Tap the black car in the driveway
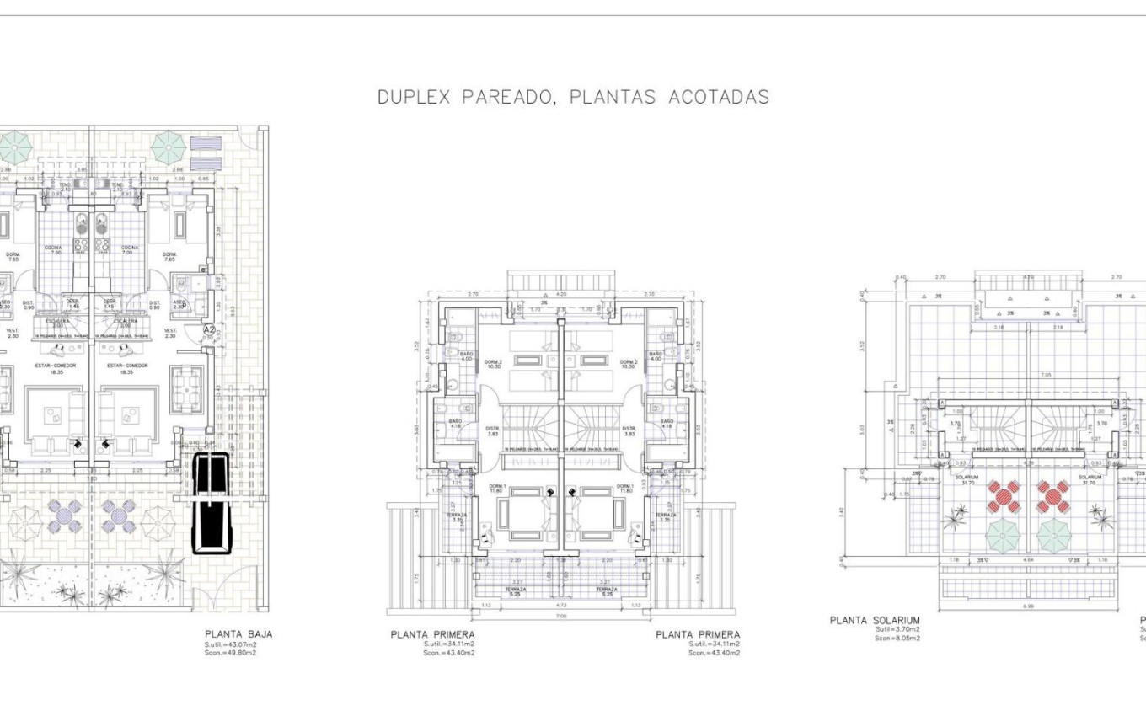click(x=210, y=504)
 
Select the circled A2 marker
click(x=210, y=330)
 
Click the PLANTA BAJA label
click(x=238, y=634)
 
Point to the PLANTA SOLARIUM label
click(x=875, y=620)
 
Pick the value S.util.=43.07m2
click(x=231, y=644)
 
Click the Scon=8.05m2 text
click(x=897, y=638)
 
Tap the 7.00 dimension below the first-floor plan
click(x=561, y=616)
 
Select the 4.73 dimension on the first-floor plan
click(x=561, y=604)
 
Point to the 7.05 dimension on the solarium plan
click(x=1021, y=375)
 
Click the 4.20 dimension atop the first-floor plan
click(x=561, y=295)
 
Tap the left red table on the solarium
click(x=1004, y=496)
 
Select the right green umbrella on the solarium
click(x=1053, y=535)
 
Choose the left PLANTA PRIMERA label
click(x=432, y=634)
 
